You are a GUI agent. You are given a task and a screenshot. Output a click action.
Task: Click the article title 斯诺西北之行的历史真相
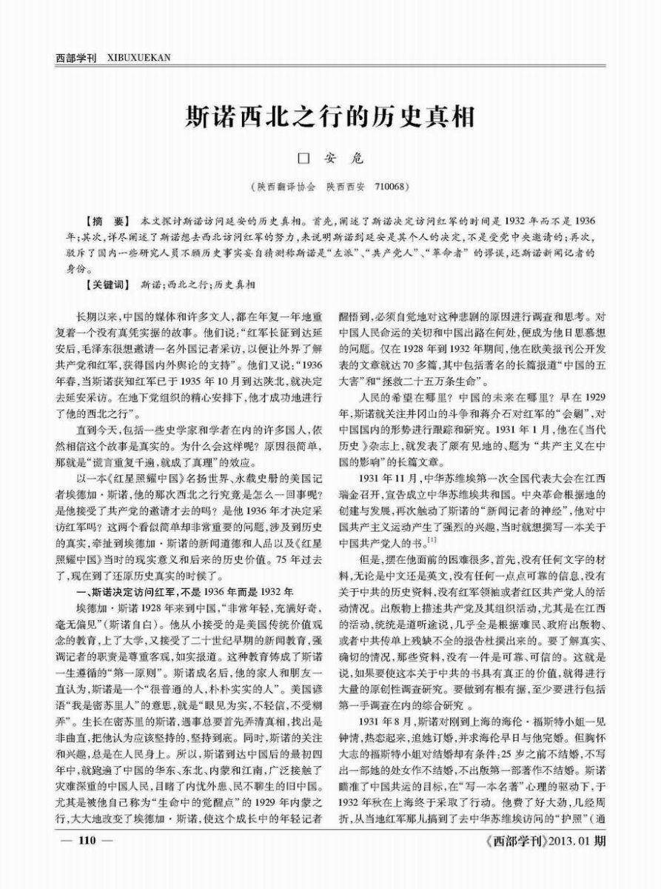click(329, 116)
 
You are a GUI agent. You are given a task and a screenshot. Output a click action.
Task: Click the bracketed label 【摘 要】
click(107, 222)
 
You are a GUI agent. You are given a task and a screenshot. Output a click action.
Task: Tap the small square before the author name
click(301, 158)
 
